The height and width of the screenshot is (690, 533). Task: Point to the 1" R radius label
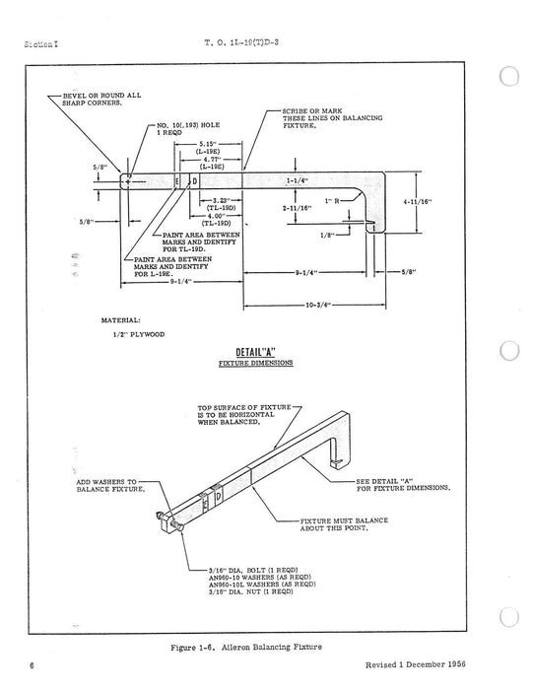click(340, 200)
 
